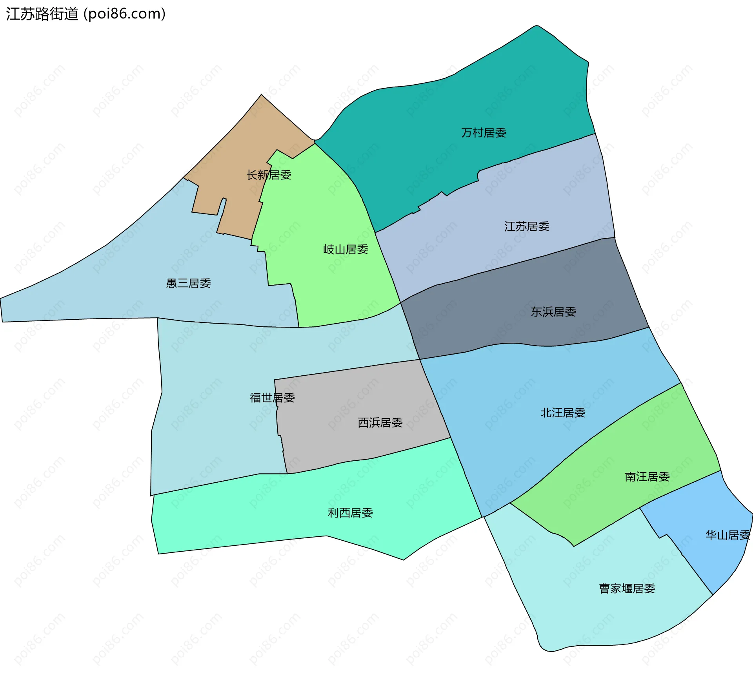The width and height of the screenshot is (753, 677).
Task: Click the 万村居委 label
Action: [483, 133]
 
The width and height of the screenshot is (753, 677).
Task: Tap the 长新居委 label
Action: [269, 175]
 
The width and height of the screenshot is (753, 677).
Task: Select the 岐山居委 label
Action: [346, 249]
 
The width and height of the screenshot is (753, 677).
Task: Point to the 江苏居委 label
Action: [527, 226]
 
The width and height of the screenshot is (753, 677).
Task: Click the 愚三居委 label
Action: [189, 283]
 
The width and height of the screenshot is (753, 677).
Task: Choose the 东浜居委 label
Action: [553, 312]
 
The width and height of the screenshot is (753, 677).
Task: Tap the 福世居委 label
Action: [272, 398]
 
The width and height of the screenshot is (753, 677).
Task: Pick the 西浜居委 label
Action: [380, 422]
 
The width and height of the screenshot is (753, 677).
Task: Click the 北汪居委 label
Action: [563, 413]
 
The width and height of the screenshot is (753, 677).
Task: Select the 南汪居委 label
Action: [647, 476]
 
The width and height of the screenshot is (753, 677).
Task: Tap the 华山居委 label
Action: [728, 535]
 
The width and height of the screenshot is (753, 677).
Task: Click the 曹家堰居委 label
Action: [627, 588]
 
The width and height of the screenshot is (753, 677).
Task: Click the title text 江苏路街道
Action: [42, 14]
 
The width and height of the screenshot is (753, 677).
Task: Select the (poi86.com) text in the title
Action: [125, 14]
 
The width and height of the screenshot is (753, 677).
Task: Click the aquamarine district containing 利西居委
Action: [275, 509]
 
